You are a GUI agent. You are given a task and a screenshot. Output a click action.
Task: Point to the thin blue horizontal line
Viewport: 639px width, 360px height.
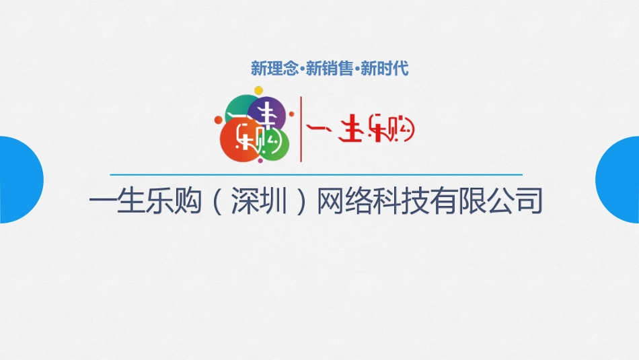[316, 175]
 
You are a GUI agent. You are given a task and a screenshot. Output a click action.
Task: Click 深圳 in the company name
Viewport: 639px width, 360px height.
[256, 202]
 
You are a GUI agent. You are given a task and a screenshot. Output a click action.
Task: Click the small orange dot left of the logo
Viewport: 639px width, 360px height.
[218, 122]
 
